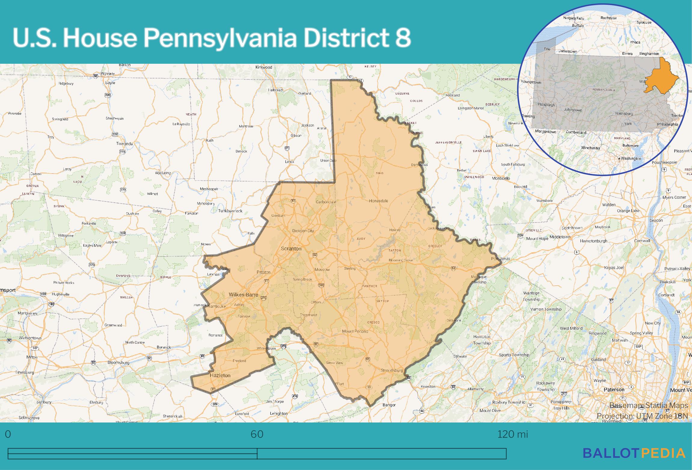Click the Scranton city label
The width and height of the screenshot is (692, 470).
coord(291,249)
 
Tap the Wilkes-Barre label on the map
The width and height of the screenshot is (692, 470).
coord(243,295)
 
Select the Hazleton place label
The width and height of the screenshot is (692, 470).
coord(220,375)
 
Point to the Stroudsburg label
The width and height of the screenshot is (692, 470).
coord(391,370)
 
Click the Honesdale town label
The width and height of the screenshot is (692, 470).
coord(378,201)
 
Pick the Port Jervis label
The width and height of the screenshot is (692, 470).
coord(500,259)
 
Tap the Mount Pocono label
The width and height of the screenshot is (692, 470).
coord(355,331)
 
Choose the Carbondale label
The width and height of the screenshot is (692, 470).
coord(326,202)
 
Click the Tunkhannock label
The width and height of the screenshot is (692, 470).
coord(230,211)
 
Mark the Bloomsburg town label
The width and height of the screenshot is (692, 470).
coord(118,363)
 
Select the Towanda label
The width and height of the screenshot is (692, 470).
coord(124,144)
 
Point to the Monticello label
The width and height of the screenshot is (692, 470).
coord(501,178)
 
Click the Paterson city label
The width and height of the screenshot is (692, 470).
coord(614,390)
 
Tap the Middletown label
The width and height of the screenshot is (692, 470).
coord(560,237)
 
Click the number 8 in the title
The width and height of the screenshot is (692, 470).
coord(403,38)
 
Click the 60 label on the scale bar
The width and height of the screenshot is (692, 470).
coord(257,434)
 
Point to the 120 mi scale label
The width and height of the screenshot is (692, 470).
coord(513,434)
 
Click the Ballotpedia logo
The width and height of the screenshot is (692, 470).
coord(634,453)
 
